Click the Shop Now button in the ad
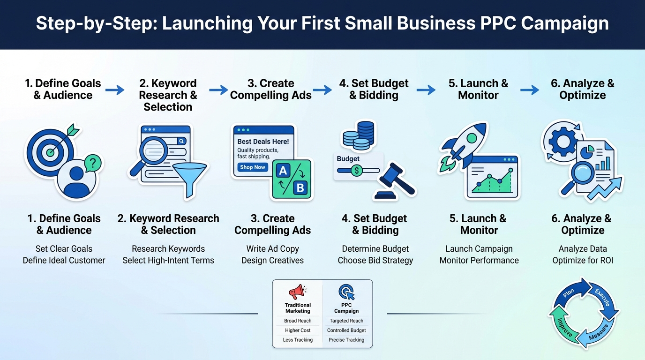[253, 167]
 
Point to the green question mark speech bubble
[92, 163]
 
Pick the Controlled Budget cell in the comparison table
[346, 330]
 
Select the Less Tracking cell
[298, 340]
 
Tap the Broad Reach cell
[298, 321]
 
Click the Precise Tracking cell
[346, 340]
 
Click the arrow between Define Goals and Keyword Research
[115, 90]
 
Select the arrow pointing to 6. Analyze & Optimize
[529, 90]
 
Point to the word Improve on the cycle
[564, 327]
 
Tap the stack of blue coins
[359, 135]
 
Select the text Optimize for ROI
[583, 261]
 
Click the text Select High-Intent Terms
[168, 261]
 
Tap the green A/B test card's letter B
[300, 188]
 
